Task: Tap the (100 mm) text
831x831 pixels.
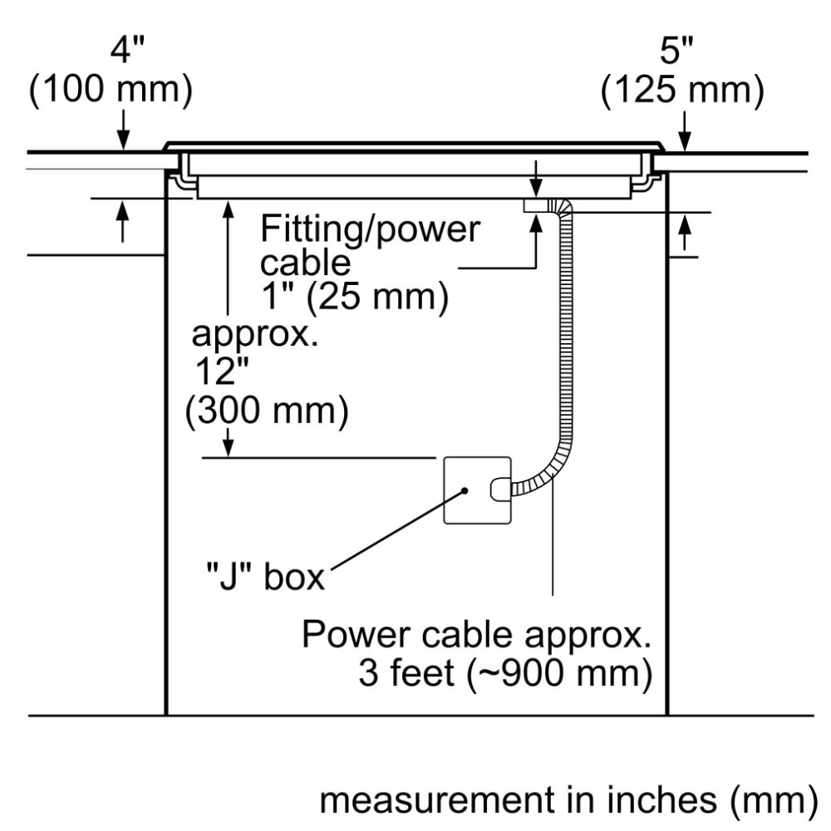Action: tap(111, 91)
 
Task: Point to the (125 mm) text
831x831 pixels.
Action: tap(681, 91)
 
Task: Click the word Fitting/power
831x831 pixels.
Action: tap(370, 228)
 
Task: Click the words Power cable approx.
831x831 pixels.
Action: tap(475, 635)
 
